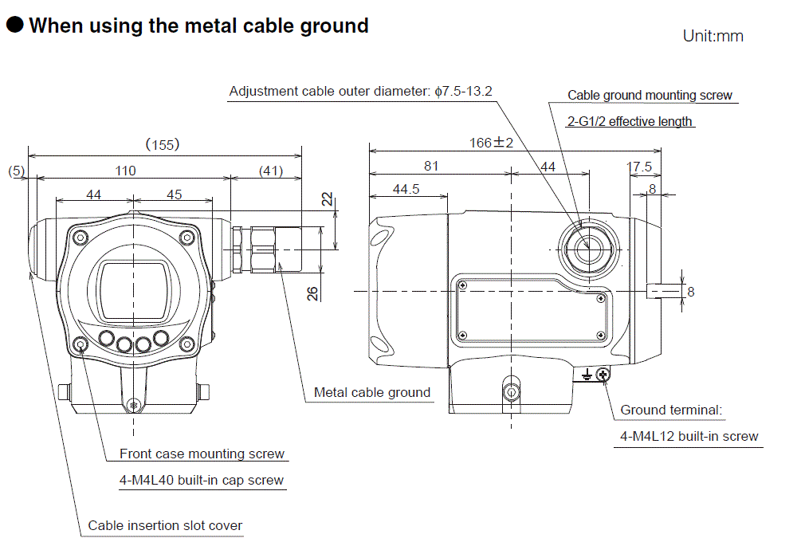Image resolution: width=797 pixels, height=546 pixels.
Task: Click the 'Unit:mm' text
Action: tap(713, 36)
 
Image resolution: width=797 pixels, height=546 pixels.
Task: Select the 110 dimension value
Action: tap(125, 170)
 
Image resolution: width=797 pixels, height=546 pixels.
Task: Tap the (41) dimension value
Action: tap(271, 170)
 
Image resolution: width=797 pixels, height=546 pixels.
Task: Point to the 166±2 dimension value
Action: tap(491, 143)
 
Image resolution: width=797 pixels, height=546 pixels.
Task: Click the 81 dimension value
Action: tap(431, 166)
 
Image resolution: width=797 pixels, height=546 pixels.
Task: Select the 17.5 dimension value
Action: tap(639, 167)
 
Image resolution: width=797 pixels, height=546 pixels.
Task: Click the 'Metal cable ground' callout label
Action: tap(371, 392)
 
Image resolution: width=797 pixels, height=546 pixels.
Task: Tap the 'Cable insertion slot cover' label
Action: tap(165, 525)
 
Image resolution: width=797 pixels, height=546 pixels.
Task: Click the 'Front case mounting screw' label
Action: tap(202, 454)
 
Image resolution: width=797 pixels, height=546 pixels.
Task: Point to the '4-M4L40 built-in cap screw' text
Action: tap(201, 480)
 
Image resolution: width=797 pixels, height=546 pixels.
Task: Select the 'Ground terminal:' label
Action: tap(671, 410)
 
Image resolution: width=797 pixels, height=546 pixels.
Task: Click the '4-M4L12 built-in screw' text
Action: tap(689, 436)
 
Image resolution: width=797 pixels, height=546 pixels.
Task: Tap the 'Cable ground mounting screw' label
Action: tap(650, 95)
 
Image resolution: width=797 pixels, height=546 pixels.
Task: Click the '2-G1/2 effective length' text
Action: tap(630, 121)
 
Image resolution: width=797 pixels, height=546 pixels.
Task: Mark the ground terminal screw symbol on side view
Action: tap(603, 374)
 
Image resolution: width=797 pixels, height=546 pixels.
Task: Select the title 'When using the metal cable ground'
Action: tap(198, 26)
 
